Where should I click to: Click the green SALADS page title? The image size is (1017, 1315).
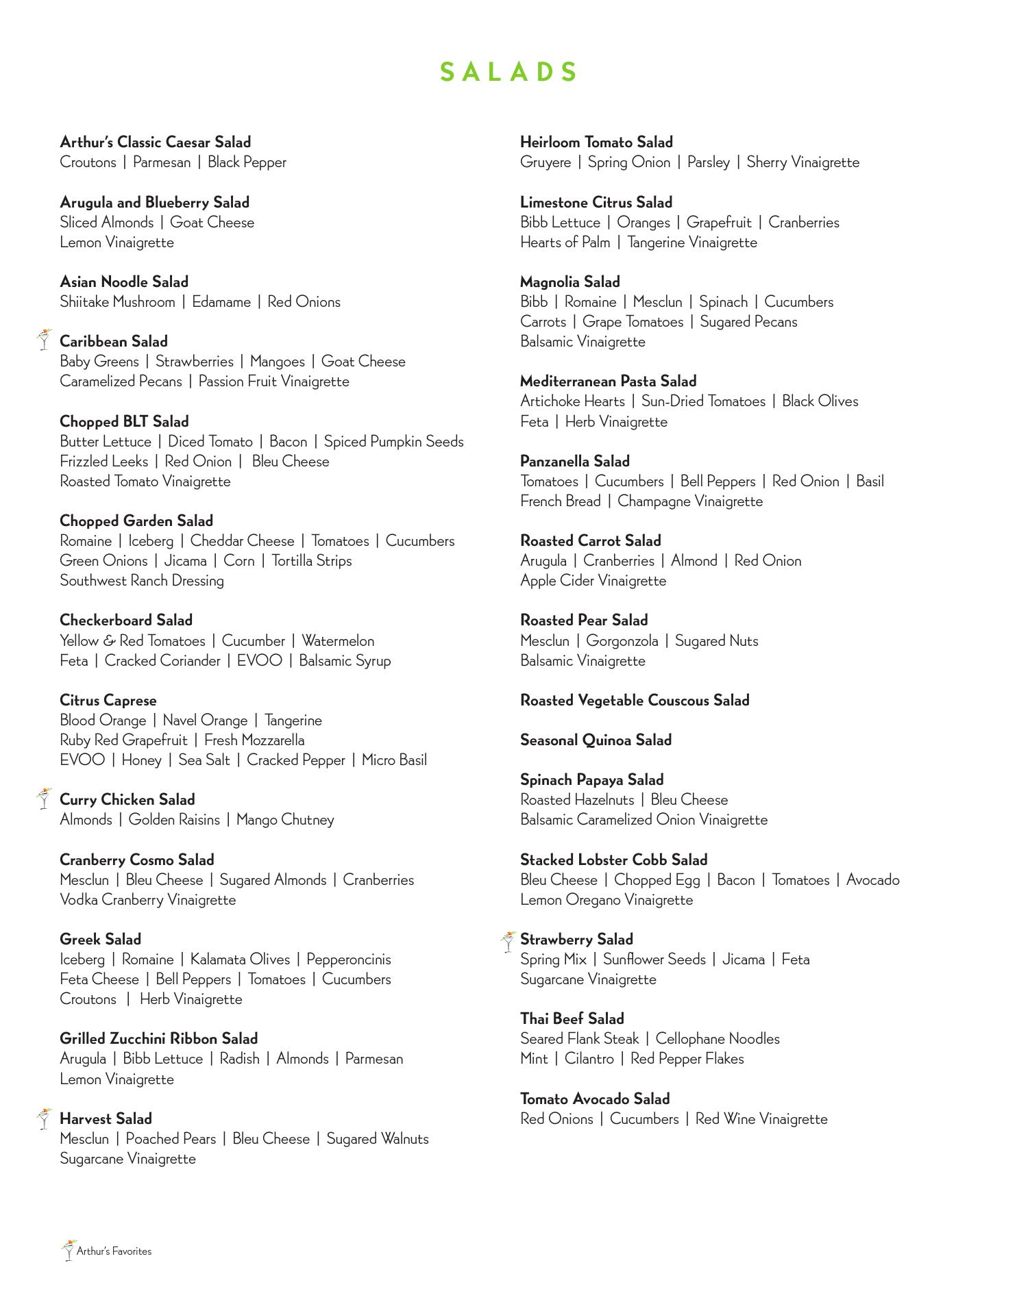508,72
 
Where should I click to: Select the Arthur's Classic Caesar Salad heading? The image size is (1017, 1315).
156,142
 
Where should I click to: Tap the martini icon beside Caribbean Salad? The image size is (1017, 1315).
44,340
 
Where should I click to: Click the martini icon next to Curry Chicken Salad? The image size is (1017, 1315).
44,798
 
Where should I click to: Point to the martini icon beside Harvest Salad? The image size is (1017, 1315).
44,1118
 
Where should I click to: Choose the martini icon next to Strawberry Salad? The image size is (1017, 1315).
508,941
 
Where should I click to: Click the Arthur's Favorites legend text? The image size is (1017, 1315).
114,1251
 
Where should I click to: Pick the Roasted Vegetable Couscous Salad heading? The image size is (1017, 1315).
635,701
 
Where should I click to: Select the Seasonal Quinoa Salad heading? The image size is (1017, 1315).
596,740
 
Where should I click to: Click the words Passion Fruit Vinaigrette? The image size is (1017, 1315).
273,381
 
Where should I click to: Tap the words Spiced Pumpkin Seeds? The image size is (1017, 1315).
393,442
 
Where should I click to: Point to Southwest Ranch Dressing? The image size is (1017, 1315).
142,581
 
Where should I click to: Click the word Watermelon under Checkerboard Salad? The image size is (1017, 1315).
338,641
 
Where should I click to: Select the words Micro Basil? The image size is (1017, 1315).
394,760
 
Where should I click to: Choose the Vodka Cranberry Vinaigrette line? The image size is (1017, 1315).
148,900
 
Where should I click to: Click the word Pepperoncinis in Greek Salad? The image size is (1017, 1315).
349,960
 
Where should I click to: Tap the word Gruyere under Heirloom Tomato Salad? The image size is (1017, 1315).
546,162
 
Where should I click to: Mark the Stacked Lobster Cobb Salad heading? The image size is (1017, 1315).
613,860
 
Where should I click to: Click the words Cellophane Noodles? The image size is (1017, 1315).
718,1039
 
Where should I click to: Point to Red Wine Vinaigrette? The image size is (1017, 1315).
761,1119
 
